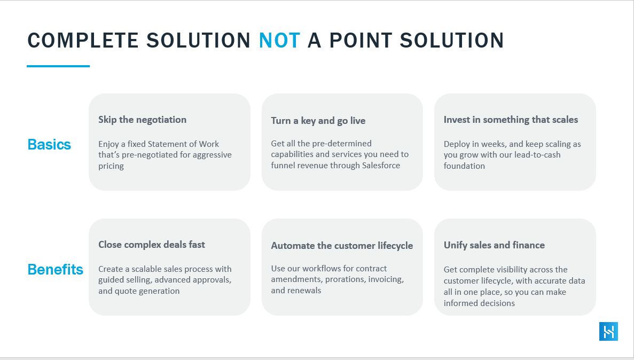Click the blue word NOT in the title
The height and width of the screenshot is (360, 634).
(x=279, y=41)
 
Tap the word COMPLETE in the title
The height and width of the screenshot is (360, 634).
(x=83, y=41)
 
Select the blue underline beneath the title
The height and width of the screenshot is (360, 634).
(x=58, y=66)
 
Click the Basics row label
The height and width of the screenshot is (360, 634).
(x=49, y=144)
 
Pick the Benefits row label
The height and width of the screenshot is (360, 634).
(x=56, y=269)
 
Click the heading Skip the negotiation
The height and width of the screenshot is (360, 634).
(x=142, y=120)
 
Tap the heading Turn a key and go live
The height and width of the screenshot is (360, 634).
(x=318, y=121)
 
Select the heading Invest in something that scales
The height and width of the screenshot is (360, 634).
(x=511, y=120)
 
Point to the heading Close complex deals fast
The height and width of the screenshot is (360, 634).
(x=152, y=245)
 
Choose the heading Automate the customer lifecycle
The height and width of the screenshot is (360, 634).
(x=342, y=246)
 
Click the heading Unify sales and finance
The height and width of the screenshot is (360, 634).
(x=494, y=245)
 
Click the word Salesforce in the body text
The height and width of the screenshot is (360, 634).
(x=381, y=166)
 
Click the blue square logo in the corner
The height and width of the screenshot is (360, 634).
(x=608, y=332)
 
